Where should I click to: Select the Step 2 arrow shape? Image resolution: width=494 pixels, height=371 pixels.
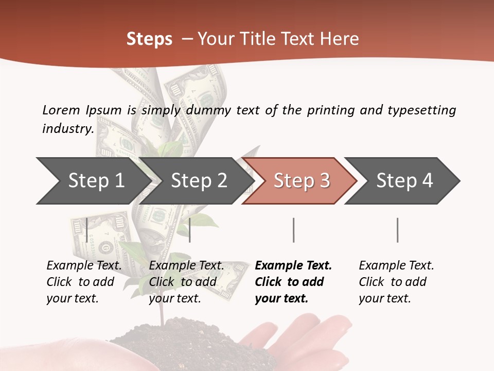tap(198, 181)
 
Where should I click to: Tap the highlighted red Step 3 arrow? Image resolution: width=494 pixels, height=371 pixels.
tap(301, 181)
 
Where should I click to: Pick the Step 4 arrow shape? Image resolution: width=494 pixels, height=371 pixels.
tap(404, 181)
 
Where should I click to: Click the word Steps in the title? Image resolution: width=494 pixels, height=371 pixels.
tap(149, 39)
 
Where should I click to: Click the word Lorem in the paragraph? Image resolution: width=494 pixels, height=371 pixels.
tap(61, 110)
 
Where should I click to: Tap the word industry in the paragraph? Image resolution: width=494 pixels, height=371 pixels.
tap(67, 128)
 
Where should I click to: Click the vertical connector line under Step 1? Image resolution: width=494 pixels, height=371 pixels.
tap(87, 230)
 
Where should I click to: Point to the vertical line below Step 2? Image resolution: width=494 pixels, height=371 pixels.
tap(190, 230)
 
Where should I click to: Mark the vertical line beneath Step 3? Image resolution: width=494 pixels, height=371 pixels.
tap(294, 230)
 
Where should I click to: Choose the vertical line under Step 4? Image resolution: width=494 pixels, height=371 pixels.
tap(397, 230)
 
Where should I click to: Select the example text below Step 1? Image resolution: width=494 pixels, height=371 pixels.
tap(84, 281)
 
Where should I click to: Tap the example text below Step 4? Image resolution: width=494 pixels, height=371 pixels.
tap(396, 281)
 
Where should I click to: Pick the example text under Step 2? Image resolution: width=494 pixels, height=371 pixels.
tap(186, 281)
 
